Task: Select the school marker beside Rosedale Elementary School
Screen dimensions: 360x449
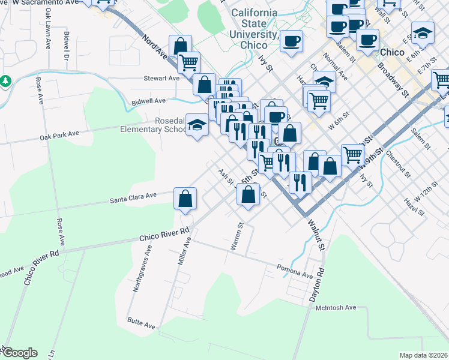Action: (x=197, y=125)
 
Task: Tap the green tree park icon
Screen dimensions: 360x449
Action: (x=5, y=80)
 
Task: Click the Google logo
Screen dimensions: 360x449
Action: (x=19, y=352)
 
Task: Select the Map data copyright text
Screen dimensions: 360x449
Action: (x=423, y=355)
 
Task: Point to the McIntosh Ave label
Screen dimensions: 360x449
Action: (x=336, y=307)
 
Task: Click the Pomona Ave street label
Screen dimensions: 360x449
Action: (x=295, y=271)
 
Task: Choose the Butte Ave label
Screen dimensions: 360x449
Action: (x=141, y=323)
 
